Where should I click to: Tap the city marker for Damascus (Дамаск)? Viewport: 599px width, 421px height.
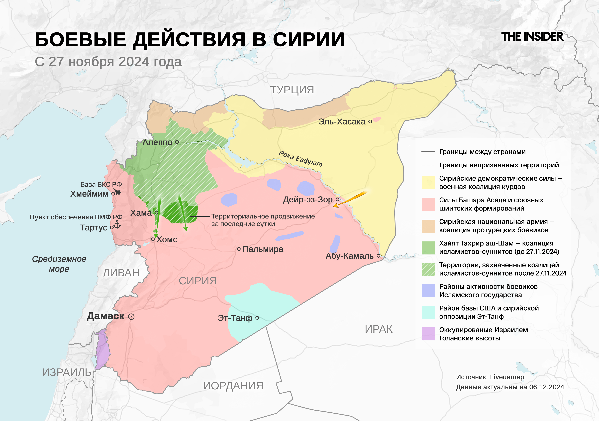click(131, 317)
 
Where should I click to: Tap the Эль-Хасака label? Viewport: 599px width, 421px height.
click(342, 121)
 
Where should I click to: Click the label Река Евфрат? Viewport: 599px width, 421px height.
click(300, 158)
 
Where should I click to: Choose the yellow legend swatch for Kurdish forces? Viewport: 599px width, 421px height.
click(428, 182)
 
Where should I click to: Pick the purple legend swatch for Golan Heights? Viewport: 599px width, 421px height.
click(428, 334)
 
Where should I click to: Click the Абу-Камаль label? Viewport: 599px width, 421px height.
click(349, 256)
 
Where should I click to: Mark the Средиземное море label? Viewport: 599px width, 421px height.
click(59, 264)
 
